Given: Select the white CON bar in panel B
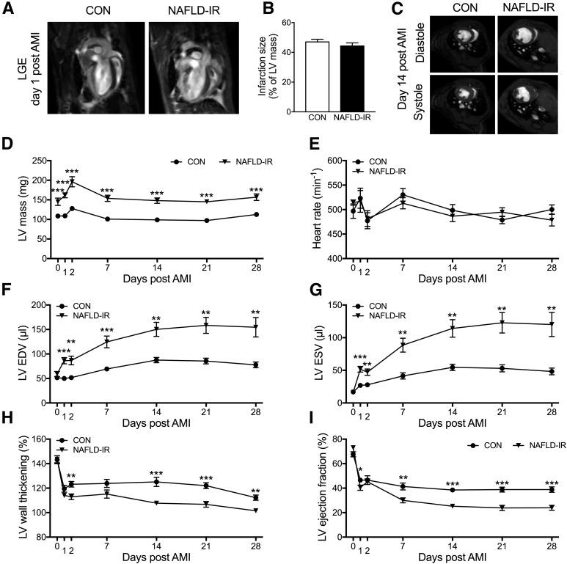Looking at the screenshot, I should pos(316,76).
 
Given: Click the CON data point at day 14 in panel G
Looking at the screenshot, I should pos(453,367).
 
